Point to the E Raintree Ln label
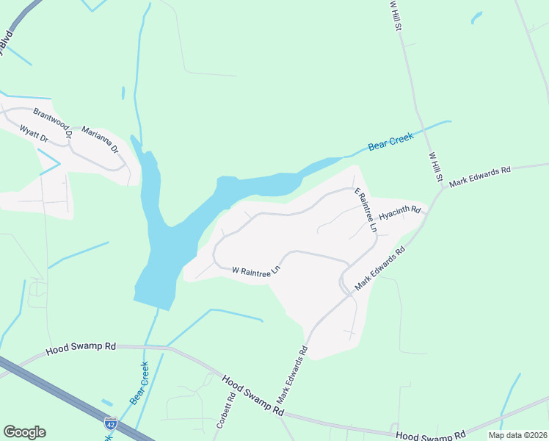(366, 210)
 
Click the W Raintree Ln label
(256, 270)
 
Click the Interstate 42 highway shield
(110, 423)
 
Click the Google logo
(24, 432)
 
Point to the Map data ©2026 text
(517, 435)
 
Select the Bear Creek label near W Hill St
(391, 141)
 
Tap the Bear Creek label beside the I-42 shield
(139, 383)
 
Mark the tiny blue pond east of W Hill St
(476, 16)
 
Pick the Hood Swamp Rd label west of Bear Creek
(81, 347)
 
